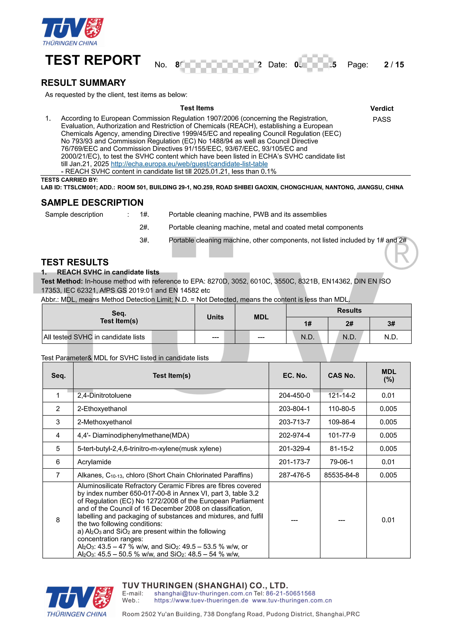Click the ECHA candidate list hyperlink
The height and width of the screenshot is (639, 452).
coord(189,164)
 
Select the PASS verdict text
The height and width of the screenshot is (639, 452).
coord(382,119)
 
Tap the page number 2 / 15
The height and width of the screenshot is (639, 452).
coord(394,65)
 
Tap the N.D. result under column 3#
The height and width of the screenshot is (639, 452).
coord(391,337)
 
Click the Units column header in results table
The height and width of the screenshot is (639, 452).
coord(215,317)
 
